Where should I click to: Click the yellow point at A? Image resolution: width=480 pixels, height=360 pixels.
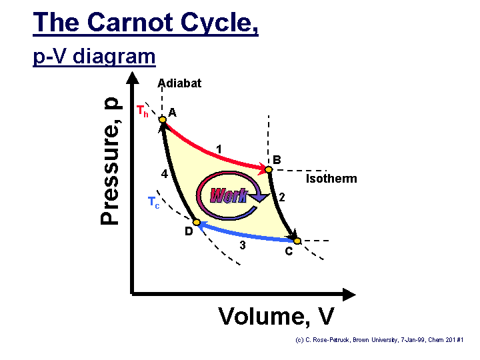pyautogui.click(x=163, y=119)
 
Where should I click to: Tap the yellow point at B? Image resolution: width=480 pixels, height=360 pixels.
pyautogui.click(x=269, y=169)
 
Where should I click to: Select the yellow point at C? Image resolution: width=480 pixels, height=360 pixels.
pyautogui.click(x=297, y=241)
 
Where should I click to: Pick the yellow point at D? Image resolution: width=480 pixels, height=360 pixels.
pyautogui.click(x=197, y=222)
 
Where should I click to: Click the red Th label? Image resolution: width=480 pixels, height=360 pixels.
pyautogui.click(x=143, y=111)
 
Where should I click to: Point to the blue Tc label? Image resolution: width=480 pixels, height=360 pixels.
pyautogui.click(x=154, y=203)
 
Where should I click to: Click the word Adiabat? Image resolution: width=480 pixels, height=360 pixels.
pyautogui.click(x=179, y=83)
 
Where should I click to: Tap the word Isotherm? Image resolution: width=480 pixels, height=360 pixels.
pyautogui.click(x=331, y=179)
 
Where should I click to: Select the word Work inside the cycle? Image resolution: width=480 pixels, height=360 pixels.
pyautogui.click(x=229, y=195)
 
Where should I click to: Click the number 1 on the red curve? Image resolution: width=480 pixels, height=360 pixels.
pyautogui.click(x=219, y=149)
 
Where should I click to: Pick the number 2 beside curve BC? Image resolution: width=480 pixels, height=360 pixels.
pyautogui.click(x=281, y=197)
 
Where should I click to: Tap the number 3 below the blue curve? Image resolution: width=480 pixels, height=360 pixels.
pyautogui.click(x=243, y=245)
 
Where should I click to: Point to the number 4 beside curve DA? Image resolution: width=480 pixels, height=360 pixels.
pyautogui.click(x=165, y=174)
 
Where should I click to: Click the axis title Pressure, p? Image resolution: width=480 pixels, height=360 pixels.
pyautogui.click(x=110, y=161)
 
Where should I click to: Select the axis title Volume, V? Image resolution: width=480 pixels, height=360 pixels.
pyautogui.click(x=276, y=317)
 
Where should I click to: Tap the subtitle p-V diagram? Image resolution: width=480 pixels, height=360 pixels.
pyautogui.click(x=94, y=57)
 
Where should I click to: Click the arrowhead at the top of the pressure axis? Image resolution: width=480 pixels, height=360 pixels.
pyautogui.click(x=132, y=78)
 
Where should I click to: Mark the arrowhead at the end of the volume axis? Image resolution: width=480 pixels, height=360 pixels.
pyautogui.click(x=349, y=295)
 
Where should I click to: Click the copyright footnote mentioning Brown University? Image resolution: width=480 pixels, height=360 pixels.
pyautogui.click(x=379, y=340)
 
